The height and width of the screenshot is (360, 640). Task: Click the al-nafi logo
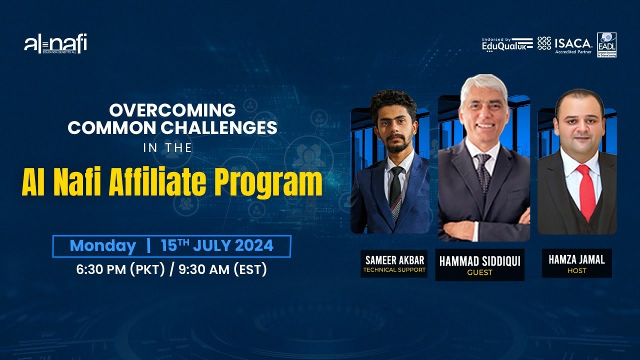55,44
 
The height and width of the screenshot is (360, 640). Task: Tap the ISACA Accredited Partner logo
565,44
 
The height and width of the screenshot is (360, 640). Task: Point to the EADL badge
606,45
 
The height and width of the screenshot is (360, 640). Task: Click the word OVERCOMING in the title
172,109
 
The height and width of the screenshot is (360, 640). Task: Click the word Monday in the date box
102,246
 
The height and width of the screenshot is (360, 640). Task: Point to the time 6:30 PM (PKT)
120,269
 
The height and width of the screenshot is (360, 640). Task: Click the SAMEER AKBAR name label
394,260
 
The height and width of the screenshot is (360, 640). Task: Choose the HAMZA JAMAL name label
576,259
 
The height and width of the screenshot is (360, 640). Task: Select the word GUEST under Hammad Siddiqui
479,273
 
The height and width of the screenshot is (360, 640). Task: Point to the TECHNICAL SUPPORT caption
394,270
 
